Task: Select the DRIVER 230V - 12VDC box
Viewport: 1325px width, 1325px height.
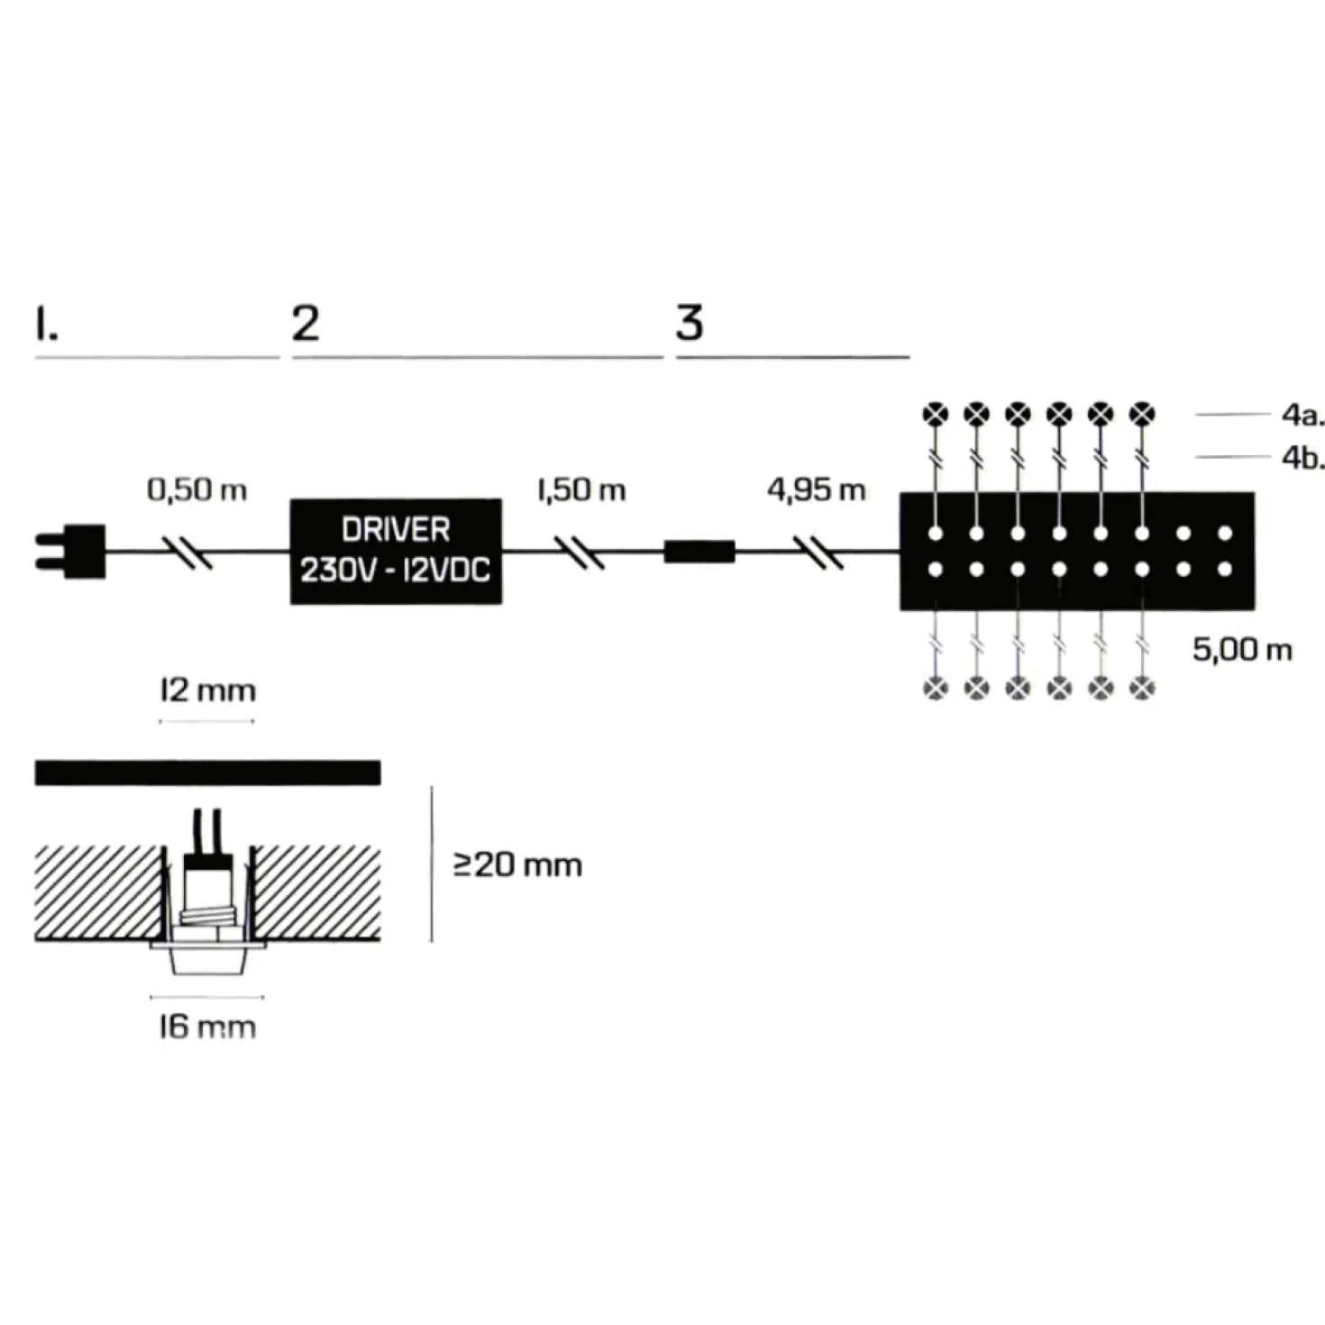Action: click(396, 552)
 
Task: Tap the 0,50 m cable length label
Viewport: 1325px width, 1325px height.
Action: click(197, 490)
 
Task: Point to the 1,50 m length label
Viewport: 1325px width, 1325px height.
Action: click(581, 490)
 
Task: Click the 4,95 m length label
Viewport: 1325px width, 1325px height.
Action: click(816, 490)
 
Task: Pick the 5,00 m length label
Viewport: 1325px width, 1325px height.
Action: click(1242, 649)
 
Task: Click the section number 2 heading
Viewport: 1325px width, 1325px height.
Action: click(306, 324)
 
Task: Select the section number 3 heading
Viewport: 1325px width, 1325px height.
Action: click(690, 324)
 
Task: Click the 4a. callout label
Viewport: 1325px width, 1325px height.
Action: click(1302, 415)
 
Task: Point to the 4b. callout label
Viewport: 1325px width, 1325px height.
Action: click(1302, 458)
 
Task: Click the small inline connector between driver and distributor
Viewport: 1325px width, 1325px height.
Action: click(699, 552)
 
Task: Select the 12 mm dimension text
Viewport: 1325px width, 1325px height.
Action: click(207, 690)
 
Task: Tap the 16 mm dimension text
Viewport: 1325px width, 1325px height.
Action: click(207, 1028)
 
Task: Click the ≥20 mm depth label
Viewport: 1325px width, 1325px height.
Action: click(517, 865)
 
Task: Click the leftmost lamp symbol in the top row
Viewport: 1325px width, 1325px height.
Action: click(935, 414)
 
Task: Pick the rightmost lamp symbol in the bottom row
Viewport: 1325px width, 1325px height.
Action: click(1142, 688)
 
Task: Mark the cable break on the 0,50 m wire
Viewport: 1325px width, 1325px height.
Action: click(191, 552)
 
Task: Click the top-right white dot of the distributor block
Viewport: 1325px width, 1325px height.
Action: click(1225, 533)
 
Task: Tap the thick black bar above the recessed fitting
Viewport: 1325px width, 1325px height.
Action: click(207, 772)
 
